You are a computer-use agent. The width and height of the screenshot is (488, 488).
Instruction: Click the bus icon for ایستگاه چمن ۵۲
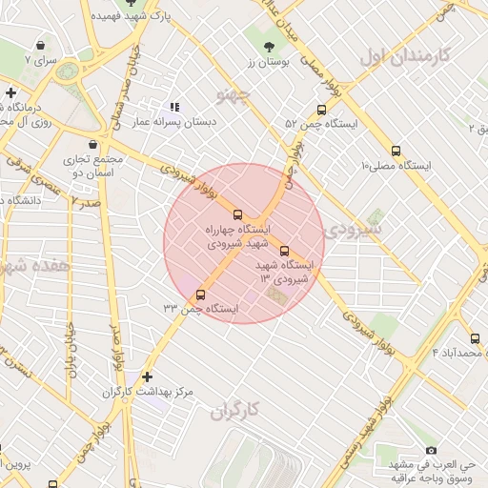click(x=321, y=110)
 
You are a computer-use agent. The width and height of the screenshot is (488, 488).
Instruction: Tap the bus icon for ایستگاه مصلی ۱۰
click(x=396, y=151)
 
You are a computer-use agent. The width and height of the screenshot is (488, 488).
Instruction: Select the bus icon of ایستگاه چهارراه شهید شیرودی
click(x=238, y=214)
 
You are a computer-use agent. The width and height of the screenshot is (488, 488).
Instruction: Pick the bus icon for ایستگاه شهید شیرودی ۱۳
click(x=284, y=251)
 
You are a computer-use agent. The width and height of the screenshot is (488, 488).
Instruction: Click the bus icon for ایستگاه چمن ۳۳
click(x=200, y=295)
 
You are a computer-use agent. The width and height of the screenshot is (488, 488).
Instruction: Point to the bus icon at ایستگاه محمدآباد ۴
click(x=475, y=338)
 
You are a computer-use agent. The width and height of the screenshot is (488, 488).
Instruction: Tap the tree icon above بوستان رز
click(x=268, y=47)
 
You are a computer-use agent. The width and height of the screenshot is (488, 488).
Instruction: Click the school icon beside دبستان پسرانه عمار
click(x=173, y=108)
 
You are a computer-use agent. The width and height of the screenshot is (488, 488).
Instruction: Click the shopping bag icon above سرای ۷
click(x=40, y=45)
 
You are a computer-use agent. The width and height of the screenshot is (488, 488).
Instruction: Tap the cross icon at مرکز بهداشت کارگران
click(x=147, y=377)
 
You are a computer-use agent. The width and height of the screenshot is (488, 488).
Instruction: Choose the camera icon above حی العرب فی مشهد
click(x=431, y=450)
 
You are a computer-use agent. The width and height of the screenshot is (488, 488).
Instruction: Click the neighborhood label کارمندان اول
click(x=404, y=54)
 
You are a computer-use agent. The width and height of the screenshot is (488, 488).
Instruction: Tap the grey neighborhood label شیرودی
click(x=352, y=230)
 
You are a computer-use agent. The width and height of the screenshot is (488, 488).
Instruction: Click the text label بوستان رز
click(x=268, y=62)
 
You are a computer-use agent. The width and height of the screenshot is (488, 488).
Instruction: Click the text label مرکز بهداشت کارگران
click(x=147, y=393)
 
